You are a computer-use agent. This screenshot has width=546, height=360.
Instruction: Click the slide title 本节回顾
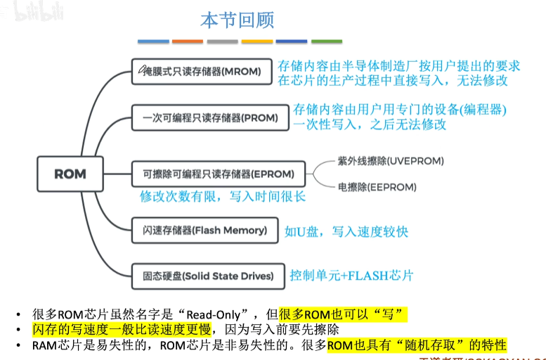[237, 20]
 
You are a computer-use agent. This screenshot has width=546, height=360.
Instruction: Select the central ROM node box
[70, 174]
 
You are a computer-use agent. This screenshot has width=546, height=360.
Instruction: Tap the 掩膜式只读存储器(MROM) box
[201, 72]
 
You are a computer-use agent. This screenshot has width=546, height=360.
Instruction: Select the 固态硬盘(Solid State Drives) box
[207, 275]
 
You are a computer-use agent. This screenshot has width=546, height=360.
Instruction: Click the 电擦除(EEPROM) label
[377, 188]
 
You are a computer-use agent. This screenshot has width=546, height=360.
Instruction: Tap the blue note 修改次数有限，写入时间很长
[223, 197]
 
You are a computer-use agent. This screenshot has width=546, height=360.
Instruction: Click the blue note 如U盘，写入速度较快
[346, 231]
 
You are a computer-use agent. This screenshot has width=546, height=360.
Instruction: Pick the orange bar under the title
[187, 41]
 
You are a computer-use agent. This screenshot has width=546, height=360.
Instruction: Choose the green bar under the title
[327, 41]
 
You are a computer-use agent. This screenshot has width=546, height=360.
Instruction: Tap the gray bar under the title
[222, 41]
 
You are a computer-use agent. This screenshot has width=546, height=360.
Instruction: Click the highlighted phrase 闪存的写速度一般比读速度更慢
[122, 329]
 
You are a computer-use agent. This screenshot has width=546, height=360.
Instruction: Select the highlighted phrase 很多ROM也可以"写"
[343, 314]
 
